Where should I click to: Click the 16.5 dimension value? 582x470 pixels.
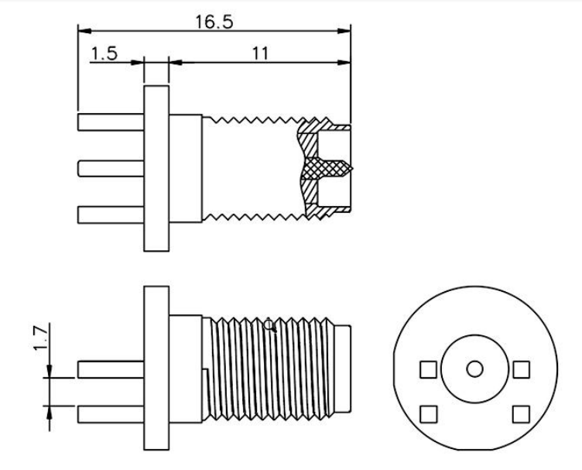(x=214, y=22)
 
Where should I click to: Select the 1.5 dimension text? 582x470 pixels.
(x=104, y=53)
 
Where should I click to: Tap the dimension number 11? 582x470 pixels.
(x=260, y=53)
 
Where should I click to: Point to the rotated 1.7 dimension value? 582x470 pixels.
(x=41, y=338)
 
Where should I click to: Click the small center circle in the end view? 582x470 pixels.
(x=474, y=369)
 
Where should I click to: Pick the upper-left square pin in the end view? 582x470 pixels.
(x=428, y=369)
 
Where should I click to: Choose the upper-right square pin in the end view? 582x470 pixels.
(x=521, y=369)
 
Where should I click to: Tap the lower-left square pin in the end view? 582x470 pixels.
(x=428, y=414)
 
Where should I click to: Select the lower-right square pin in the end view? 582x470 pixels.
(x=521, y=414)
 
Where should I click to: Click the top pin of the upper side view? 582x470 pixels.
(x=111, y=122)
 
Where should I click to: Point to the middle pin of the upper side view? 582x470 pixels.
(x=111, y=169)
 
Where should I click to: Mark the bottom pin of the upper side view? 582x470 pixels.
(x=111, y=215)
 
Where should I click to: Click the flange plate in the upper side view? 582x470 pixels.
(x=156, y=169)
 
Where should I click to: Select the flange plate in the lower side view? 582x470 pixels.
(x=156, y=369)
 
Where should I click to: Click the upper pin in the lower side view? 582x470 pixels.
(x=111, y=369)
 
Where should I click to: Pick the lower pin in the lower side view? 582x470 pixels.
(x=111, y=414)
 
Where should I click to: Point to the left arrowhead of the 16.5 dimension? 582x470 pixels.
(x=84, y=31)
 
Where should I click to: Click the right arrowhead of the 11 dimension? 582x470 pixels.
(x=344, y=63)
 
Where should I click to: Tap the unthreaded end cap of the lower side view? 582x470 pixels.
(x=343, y=369)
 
